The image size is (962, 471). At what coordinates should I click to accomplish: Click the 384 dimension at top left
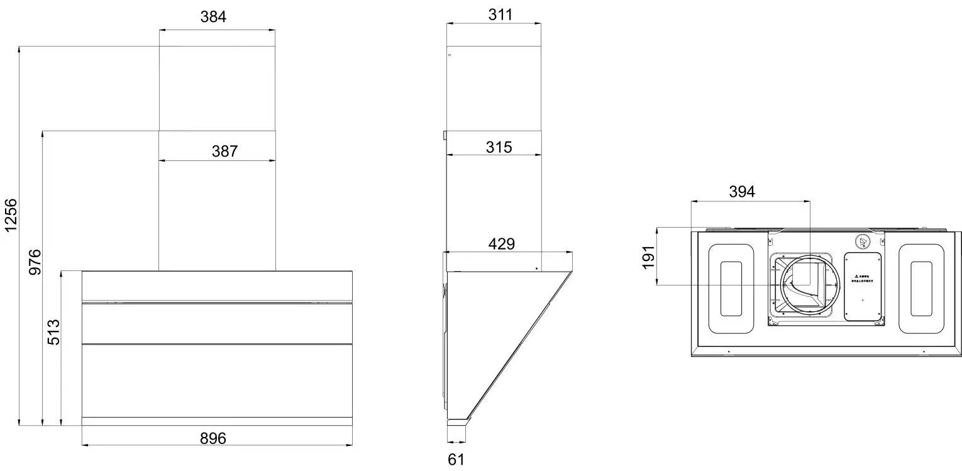click(x=213, y=17)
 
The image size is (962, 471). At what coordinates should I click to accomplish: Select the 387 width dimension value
click(x=224, y=151)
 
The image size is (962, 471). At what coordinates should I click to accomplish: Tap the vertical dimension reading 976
click(x=35, y=262)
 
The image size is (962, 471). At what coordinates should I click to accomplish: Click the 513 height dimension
click(x=54, y=332)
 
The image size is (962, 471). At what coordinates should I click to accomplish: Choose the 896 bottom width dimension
click(x=213, y=438)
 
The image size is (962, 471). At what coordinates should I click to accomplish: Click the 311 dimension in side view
click(x=500, y=14)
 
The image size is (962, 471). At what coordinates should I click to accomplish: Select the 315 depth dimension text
click(x=499, y=147)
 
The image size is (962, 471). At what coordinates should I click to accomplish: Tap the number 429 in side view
click(x=501, y=244)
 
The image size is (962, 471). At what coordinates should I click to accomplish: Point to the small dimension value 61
click(x=456, y=460)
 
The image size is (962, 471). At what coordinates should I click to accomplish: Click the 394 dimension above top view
click(x=741, y=192)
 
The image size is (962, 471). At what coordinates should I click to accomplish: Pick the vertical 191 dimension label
click(x=649, y=257)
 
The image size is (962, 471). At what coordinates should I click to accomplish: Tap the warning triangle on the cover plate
click(x=856, y=276)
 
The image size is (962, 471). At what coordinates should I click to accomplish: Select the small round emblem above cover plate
click(x=863, y=241)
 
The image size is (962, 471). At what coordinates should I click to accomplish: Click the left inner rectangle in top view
click(x=731, y=289)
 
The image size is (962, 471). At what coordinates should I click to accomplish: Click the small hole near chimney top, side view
click(x=450, y=55)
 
